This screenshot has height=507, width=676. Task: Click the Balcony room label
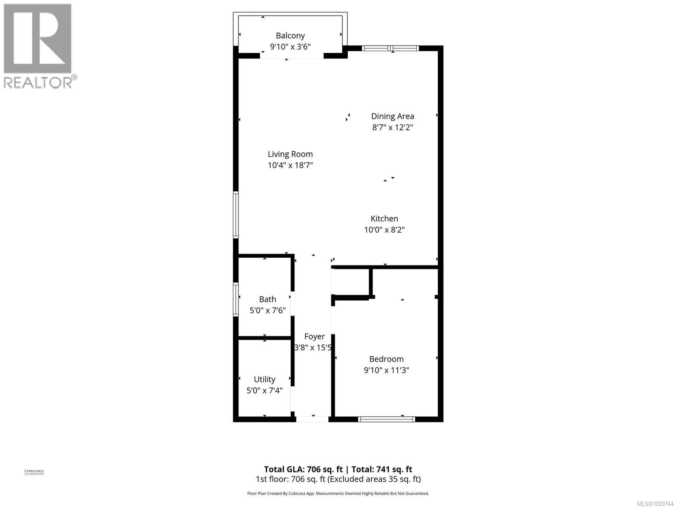point(290,36)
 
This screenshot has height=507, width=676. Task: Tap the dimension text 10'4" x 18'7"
point(290,165)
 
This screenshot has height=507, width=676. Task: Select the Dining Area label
point(392,116)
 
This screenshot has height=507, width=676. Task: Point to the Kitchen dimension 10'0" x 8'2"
point(384,230)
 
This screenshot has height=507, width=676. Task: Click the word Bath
point(267,299)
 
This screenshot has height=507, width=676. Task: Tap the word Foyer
point(314,336)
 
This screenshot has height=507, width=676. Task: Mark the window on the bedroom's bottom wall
point(386,419)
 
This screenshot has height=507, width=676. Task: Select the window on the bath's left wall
point(236,299)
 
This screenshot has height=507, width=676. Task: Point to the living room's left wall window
point(236,215)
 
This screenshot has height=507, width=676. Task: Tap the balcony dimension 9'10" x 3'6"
point(290,47)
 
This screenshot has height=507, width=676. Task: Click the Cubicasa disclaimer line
point(338,494)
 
